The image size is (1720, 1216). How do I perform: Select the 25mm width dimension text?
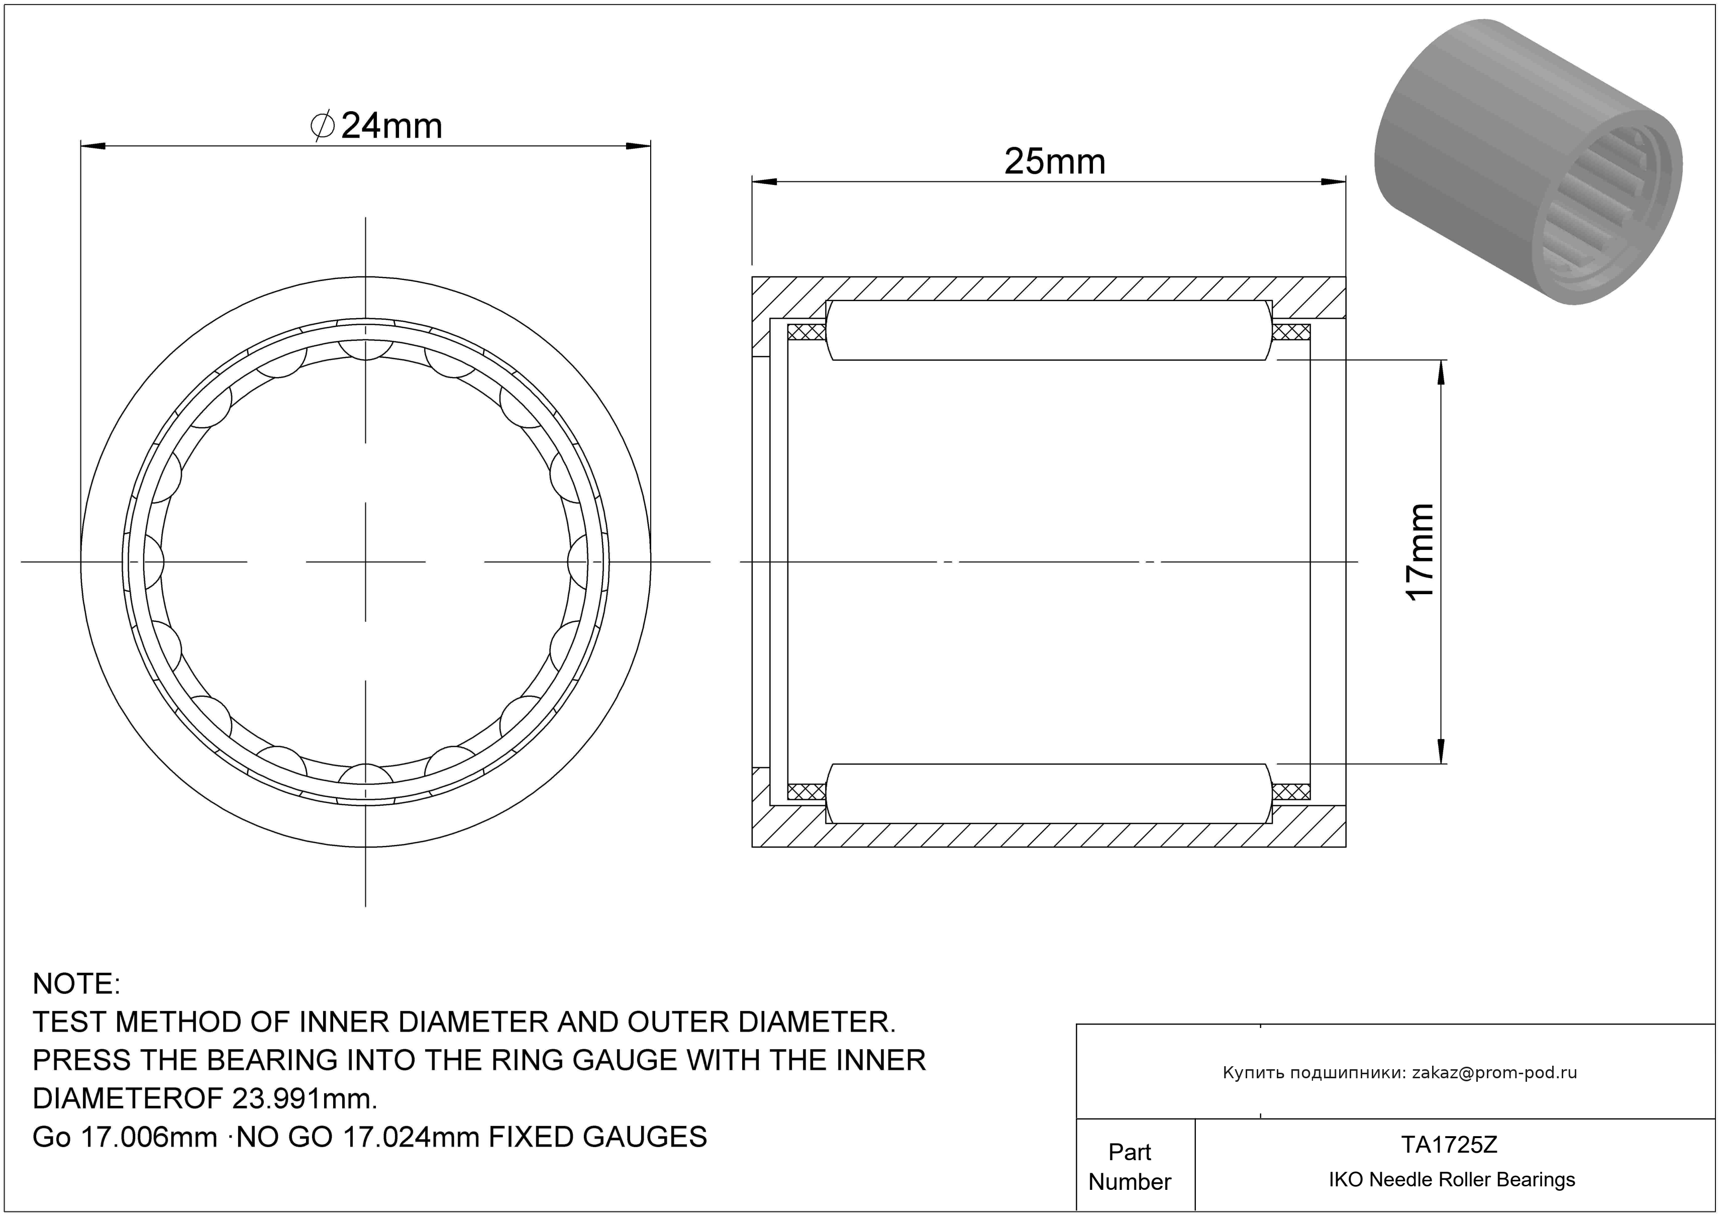click(x=1054, y=162)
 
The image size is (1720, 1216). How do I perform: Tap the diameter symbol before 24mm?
click(x=322, y=126)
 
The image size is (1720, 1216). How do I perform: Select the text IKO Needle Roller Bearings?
click(x=1452, y=1180)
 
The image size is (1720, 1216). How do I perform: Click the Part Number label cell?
click(x=1130, y=1167)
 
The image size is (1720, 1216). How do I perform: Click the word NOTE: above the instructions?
click(x=76, y=984)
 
